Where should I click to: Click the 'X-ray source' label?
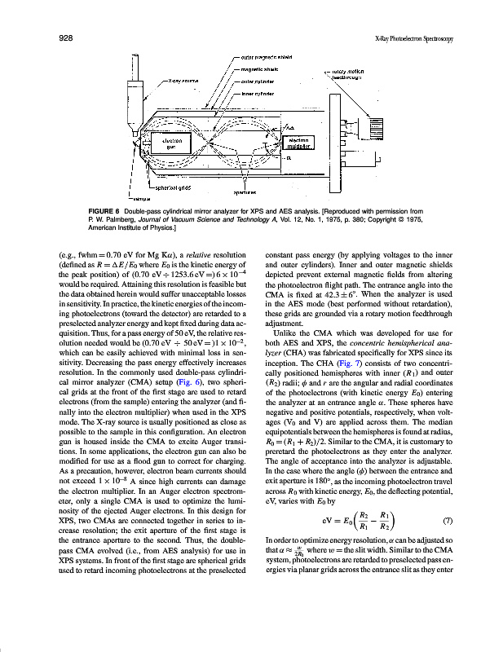[184, 81]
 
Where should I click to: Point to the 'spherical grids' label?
[162, 187]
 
